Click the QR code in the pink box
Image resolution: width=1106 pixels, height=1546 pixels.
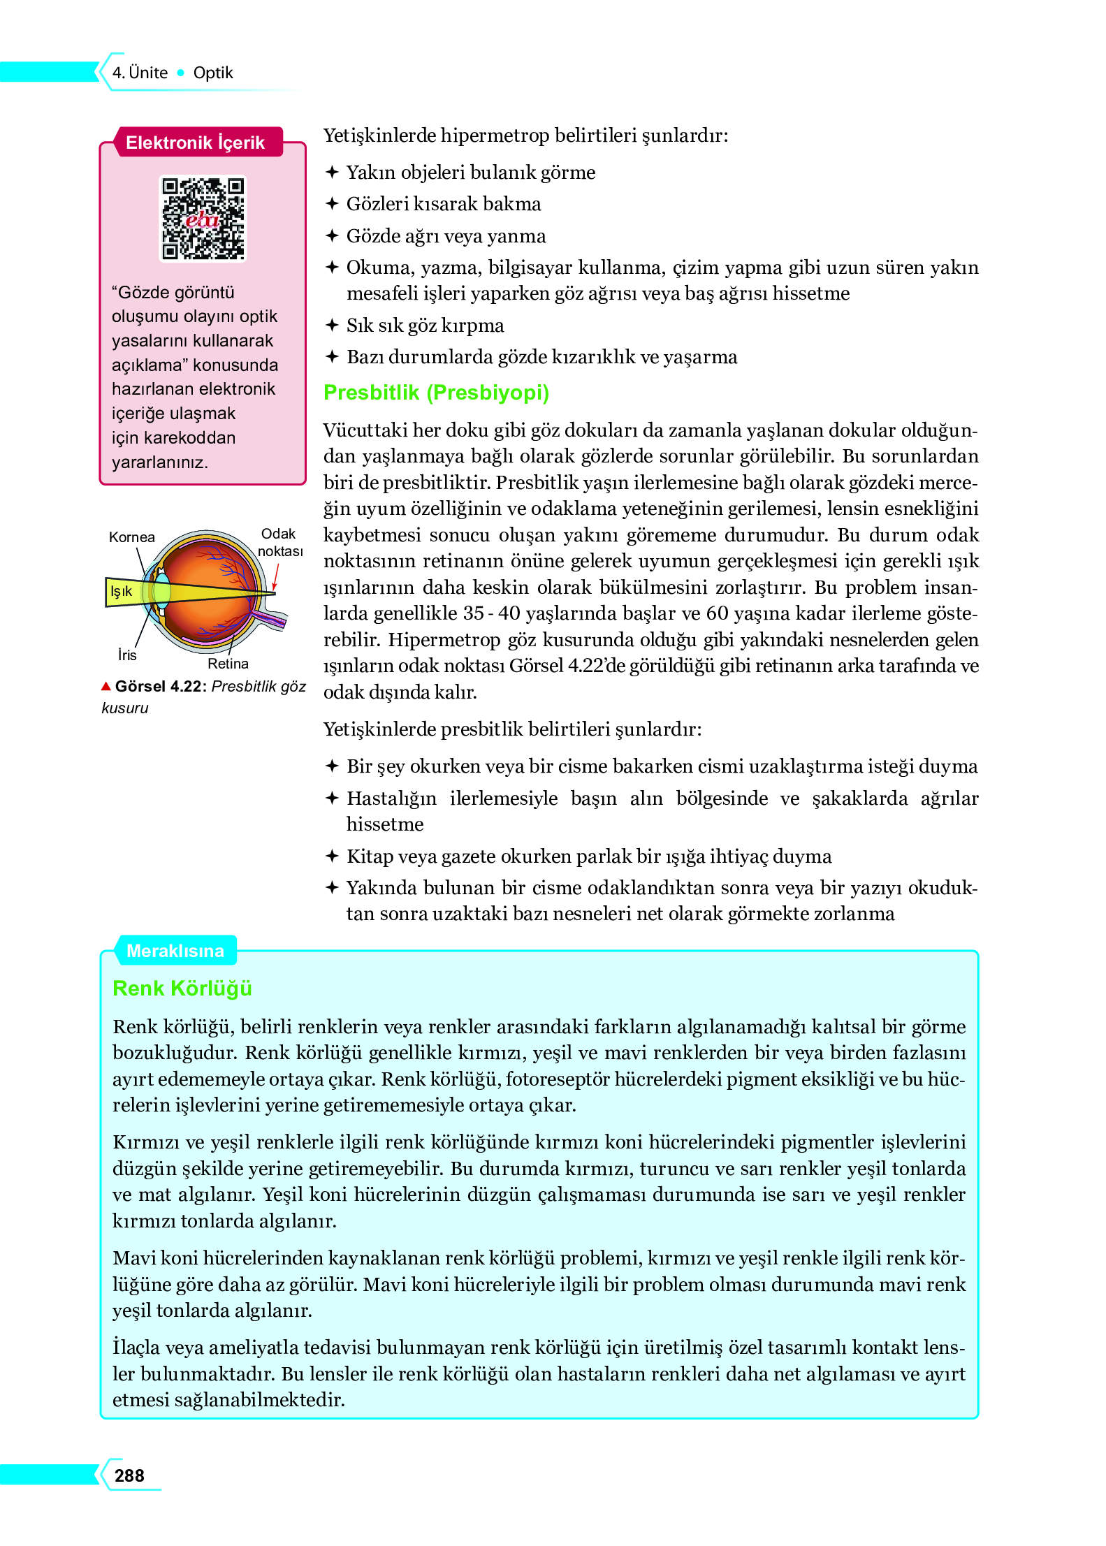click(x=203, y=219)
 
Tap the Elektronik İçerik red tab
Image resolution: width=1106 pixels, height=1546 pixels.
click(x=195, y=143)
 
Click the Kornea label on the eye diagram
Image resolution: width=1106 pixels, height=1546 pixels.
click(x=131, y=537)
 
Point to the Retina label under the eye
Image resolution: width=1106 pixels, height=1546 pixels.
click(x=228, y=664)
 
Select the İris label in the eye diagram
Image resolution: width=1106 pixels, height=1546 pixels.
click(x=127, y=655)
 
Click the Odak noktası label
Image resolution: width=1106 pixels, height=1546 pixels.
click(x=279, y=542)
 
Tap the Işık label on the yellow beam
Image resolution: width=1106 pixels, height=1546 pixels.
click(x=121, y=592)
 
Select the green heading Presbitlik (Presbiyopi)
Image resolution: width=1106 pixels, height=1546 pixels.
click(x=436, y=393)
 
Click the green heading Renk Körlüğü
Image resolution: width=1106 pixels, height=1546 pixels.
click(x=182, y=989)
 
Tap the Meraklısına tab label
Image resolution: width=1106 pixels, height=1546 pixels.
click(x=175, y=951)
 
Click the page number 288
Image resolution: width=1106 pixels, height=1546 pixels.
click(x=129, y=1475)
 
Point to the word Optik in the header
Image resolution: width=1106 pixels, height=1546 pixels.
click(x=213, y=73)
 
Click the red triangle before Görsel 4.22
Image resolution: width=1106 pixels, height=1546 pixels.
click(x=106, y=686)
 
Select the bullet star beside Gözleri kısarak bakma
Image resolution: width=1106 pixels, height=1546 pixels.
click(x=333, y=204)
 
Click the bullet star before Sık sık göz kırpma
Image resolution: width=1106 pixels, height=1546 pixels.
click(x=333, y=326)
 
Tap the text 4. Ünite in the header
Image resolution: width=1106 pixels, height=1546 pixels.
click(x=140, y=73)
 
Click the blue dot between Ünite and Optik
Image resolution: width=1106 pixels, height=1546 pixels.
click(x=181, y=73)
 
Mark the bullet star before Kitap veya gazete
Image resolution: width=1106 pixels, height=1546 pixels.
click(x=333, y=856)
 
